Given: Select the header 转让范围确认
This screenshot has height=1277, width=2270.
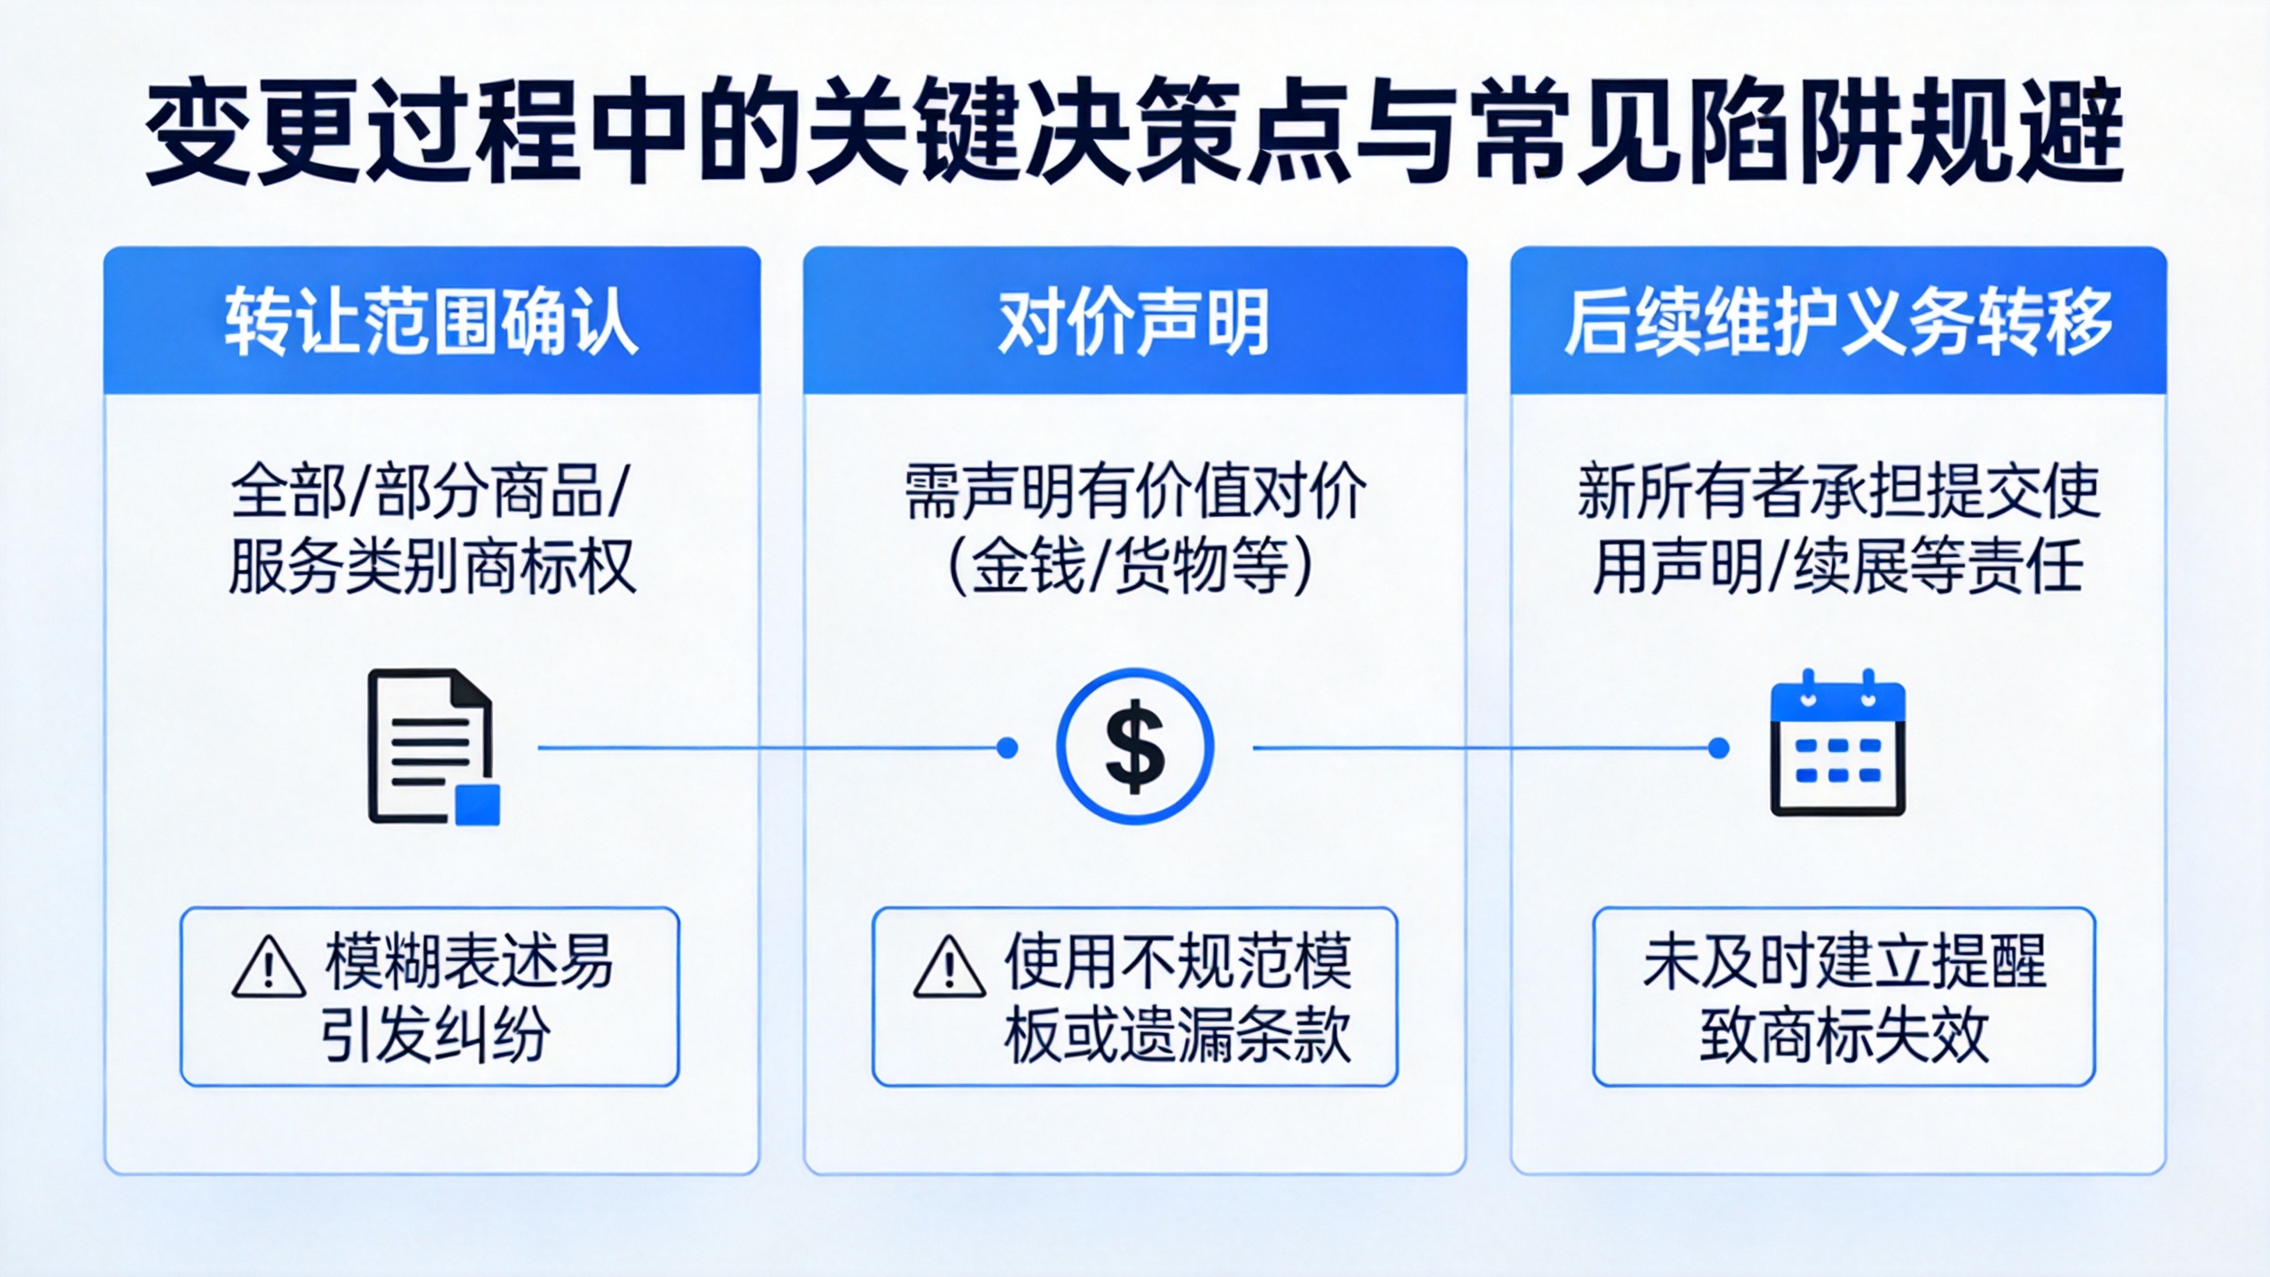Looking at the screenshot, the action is [x=431, y=321].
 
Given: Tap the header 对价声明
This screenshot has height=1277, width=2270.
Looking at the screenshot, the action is [x=1134, y=321].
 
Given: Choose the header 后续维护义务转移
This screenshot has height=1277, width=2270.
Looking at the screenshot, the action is [x=1838, y=321].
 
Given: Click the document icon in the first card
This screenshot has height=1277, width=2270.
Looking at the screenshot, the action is [x=433, y=747].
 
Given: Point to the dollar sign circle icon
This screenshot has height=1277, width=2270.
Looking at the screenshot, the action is [x=1134, y=747].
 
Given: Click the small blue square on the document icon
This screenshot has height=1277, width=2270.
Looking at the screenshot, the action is [x=478, y=804].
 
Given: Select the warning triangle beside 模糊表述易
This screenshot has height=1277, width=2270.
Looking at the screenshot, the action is [x=269, y=966].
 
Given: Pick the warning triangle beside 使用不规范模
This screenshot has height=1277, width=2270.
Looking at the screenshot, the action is [x=950, y=966].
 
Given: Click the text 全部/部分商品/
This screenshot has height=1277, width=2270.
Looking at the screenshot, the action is [x=430, y=490].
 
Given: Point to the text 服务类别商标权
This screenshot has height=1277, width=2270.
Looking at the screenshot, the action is [x=432, y=566].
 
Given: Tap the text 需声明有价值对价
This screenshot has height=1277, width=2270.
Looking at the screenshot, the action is [x=1135, y=490].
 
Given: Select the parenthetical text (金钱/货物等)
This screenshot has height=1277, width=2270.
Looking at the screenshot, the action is [x=1131, y=566].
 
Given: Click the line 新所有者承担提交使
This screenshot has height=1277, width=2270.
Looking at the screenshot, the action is [x=1838, y=490].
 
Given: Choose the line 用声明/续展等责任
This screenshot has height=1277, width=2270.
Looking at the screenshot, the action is [x=1838, y=566].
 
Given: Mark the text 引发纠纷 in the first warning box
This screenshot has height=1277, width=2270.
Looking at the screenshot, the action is [x=435, y=1034].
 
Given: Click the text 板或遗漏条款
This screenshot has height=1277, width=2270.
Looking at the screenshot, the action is [x=1178, y=1034].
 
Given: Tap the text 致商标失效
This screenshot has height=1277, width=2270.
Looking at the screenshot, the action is [x=1844, y=1034].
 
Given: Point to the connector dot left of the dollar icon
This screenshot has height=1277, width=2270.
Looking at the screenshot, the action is [x=1007, y=748].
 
